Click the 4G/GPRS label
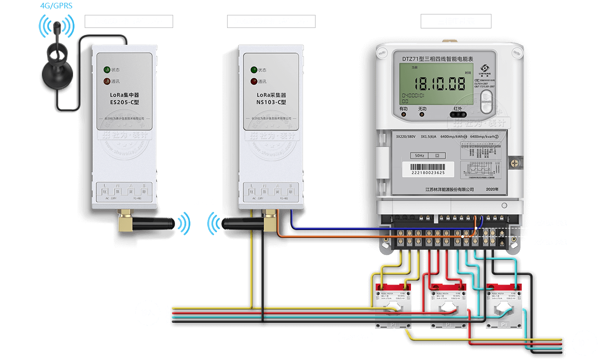pyautogui.click(x=56, y=6)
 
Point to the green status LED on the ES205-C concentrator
pyautogui.click(x=107, y=70)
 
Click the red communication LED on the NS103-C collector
pyautogui.click(x=254, y=82)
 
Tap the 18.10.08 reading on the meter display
pyautogui.click(x=440, y=84)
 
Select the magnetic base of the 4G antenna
pyautogui.click(x=57, y=75)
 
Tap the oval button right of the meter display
pyautogui.click(x=486, y=102)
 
